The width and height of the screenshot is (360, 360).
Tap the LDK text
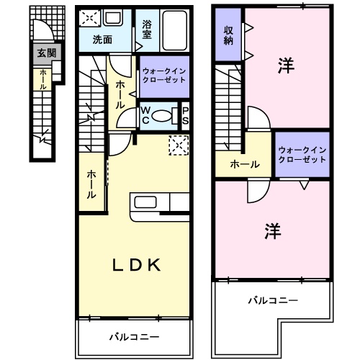pyautogui.click(x=134, y=265)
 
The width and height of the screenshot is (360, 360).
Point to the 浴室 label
pyautogui.click(x=146, y=28)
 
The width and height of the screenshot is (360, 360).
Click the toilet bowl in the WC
pyautogui.click(x=163, y=115)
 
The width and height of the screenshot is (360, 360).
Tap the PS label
pyautogui.click(x=185, y=115)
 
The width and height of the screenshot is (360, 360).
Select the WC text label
pyautogui.click(x=145, y=115)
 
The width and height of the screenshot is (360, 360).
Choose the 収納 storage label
pyautogui.click(x=228, y=34)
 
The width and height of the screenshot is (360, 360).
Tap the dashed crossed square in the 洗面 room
pyautogui.click(x=89, y=19)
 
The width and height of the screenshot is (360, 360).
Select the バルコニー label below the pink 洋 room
pyautogui.click(x=273, y=300)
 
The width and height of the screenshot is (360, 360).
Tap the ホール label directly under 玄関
pyautogui.click(x=42, y=78)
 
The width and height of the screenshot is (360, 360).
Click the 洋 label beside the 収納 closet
pyautogui.click(x=286, y=66)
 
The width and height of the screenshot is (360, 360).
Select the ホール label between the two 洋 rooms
pyautogui.click(x=245, y=165)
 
